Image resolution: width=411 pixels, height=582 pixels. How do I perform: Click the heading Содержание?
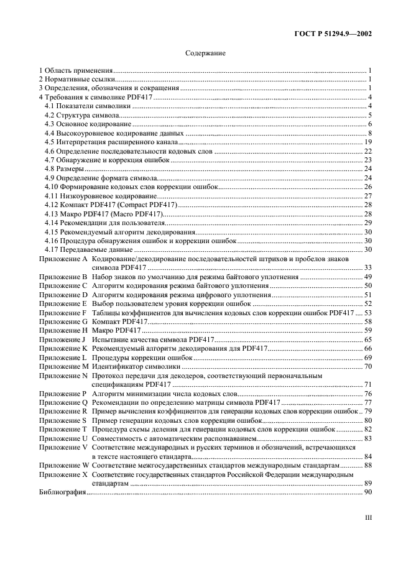point(205,53)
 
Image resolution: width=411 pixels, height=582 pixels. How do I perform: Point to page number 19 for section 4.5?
point(368,142)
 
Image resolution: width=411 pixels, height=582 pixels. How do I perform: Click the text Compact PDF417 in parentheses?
point(150,205)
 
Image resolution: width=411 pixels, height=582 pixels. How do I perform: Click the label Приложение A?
point(63,258)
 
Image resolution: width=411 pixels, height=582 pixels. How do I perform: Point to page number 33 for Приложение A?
point(368,267)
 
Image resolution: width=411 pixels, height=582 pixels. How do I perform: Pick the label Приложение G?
point(63,321)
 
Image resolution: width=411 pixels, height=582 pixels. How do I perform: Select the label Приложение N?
point(63,376)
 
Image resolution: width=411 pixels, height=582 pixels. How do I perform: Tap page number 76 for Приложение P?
point(368,394)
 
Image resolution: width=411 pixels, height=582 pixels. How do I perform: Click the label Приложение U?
point(63,438)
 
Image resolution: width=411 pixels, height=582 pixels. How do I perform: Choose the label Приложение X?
point(63,474)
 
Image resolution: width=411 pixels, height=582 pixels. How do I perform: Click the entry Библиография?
point(62,492)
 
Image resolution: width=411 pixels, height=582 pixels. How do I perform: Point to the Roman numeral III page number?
point(367,516)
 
